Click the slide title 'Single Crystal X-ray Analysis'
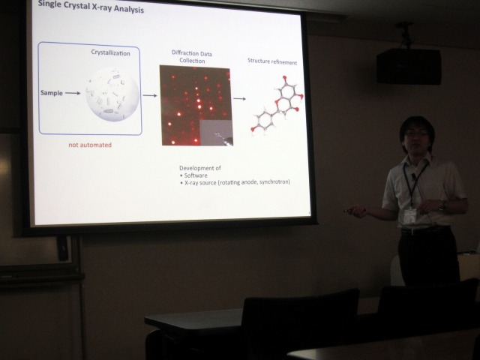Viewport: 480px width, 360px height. coord(91,7)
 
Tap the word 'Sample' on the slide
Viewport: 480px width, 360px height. coord(52,93)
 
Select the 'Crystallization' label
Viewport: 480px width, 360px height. coord(110,52)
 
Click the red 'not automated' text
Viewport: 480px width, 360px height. coord(90,145)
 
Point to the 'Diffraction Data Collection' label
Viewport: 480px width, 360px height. coord(192,57)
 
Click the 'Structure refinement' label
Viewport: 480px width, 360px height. coord(272,61)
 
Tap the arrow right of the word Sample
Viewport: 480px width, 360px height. coord(73,93)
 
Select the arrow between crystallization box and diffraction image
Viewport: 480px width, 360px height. coord(150,95)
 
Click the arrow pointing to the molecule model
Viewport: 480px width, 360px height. coord(239,98)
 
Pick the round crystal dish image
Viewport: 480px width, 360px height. coord(112,94)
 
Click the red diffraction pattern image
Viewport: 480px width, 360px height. coord(196,105)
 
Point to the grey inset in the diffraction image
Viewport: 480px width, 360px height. coord(216,133)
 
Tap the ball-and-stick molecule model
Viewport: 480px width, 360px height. coord(277,105)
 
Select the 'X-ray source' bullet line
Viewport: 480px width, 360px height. coord(235,182)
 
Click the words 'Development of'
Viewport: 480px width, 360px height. coord(200,168)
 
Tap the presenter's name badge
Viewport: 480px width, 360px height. coord(410,216)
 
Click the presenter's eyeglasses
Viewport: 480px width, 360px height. coord(416,133)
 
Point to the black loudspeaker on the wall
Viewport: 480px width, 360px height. coord(409,66)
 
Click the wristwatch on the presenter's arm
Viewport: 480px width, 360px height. coord(441,205)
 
